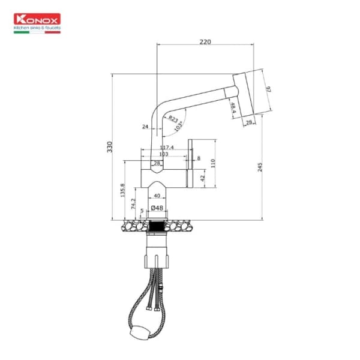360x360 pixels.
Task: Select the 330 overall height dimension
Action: click(109, 146)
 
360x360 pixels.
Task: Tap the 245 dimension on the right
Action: click(260, 167)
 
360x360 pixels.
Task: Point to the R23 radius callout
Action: click(173, 119)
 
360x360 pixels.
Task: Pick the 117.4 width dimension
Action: click(167, 147)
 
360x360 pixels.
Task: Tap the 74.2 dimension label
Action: click(133, 204)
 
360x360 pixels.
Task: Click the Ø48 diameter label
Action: click(157, 208)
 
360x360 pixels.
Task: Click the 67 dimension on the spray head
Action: click(269, 89)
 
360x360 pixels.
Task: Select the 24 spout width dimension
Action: click(145, 127)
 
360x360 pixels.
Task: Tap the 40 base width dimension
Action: click(157, 196)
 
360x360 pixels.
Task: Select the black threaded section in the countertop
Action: click(157, 227)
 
